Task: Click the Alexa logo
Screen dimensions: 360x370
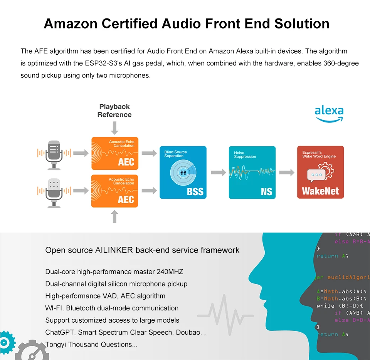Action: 329,114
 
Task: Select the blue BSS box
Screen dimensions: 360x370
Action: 183,172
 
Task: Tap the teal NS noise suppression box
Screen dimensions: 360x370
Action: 252,172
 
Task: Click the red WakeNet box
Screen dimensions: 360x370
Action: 320,172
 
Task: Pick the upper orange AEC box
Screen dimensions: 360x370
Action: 114,153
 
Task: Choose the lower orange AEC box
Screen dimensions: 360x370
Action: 114,191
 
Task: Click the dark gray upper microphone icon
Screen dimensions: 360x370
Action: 54,154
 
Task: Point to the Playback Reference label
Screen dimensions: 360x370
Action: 114,111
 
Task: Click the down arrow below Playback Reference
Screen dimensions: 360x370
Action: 114,128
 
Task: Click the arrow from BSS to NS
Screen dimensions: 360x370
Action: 218,172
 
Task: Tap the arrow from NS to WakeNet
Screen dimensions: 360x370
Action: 286,172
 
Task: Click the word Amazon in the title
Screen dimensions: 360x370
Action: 70,23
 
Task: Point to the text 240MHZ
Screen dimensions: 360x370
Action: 170,272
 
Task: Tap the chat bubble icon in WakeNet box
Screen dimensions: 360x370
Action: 316,175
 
